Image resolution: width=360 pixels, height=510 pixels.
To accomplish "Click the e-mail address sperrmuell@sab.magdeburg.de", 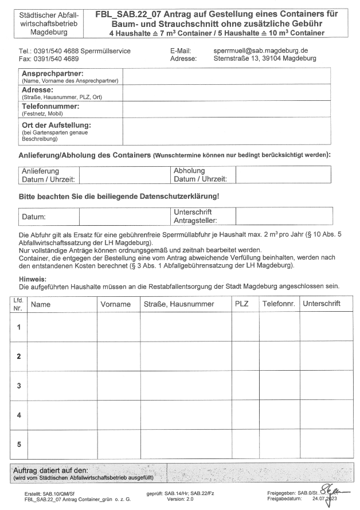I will [260, 51].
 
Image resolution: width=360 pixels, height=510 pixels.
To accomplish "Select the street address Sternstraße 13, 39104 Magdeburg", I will [264, 58].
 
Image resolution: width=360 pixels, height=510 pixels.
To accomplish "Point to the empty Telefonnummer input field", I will [226, 109].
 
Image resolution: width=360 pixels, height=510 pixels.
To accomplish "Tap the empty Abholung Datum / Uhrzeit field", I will [283, 175].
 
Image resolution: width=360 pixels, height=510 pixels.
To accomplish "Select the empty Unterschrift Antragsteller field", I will [283, 216].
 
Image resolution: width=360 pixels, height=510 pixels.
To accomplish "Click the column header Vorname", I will [116, 304].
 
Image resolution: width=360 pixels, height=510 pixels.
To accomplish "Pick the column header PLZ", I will [242, 304].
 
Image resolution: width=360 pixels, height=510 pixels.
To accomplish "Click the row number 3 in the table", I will [18, 386].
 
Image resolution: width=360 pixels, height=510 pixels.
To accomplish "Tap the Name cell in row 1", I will [62, 327].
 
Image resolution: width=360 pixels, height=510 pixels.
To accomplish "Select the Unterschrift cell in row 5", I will [326, 444].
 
